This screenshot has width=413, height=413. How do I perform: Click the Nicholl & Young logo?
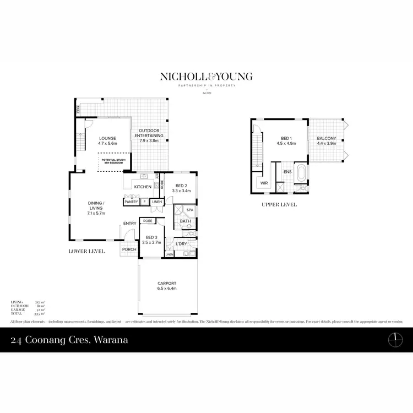tap(206, 77)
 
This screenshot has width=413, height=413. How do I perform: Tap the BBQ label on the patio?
tap(78, 110)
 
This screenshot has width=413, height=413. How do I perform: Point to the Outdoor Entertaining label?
tap(151, 133)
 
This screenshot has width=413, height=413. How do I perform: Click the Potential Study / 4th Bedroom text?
tap(113, 161)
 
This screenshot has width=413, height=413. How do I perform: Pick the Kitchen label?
tap(143, 187)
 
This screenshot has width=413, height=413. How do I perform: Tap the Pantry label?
tap(131, 202)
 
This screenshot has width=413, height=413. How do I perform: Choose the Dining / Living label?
tap(96, 205)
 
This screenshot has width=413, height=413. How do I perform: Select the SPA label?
tap(190, 210)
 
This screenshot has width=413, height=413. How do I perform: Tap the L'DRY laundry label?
tap(181, 243)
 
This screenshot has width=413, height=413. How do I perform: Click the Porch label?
tap(129, 249)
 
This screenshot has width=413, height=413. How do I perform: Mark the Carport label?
tap(166, 286)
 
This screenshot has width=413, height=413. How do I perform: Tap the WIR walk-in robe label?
tap(264, 182)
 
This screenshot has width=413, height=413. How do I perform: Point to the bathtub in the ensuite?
tap(301, 172)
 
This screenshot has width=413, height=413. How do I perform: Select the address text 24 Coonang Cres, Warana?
tap(69, 340)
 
